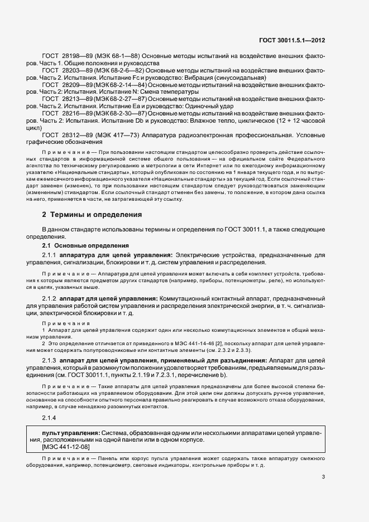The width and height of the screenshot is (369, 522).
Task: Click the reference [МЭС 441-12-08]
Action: tap(61, 447)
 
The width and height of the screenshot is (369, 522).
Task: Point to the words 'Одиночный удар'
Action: tap(209, 106)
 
